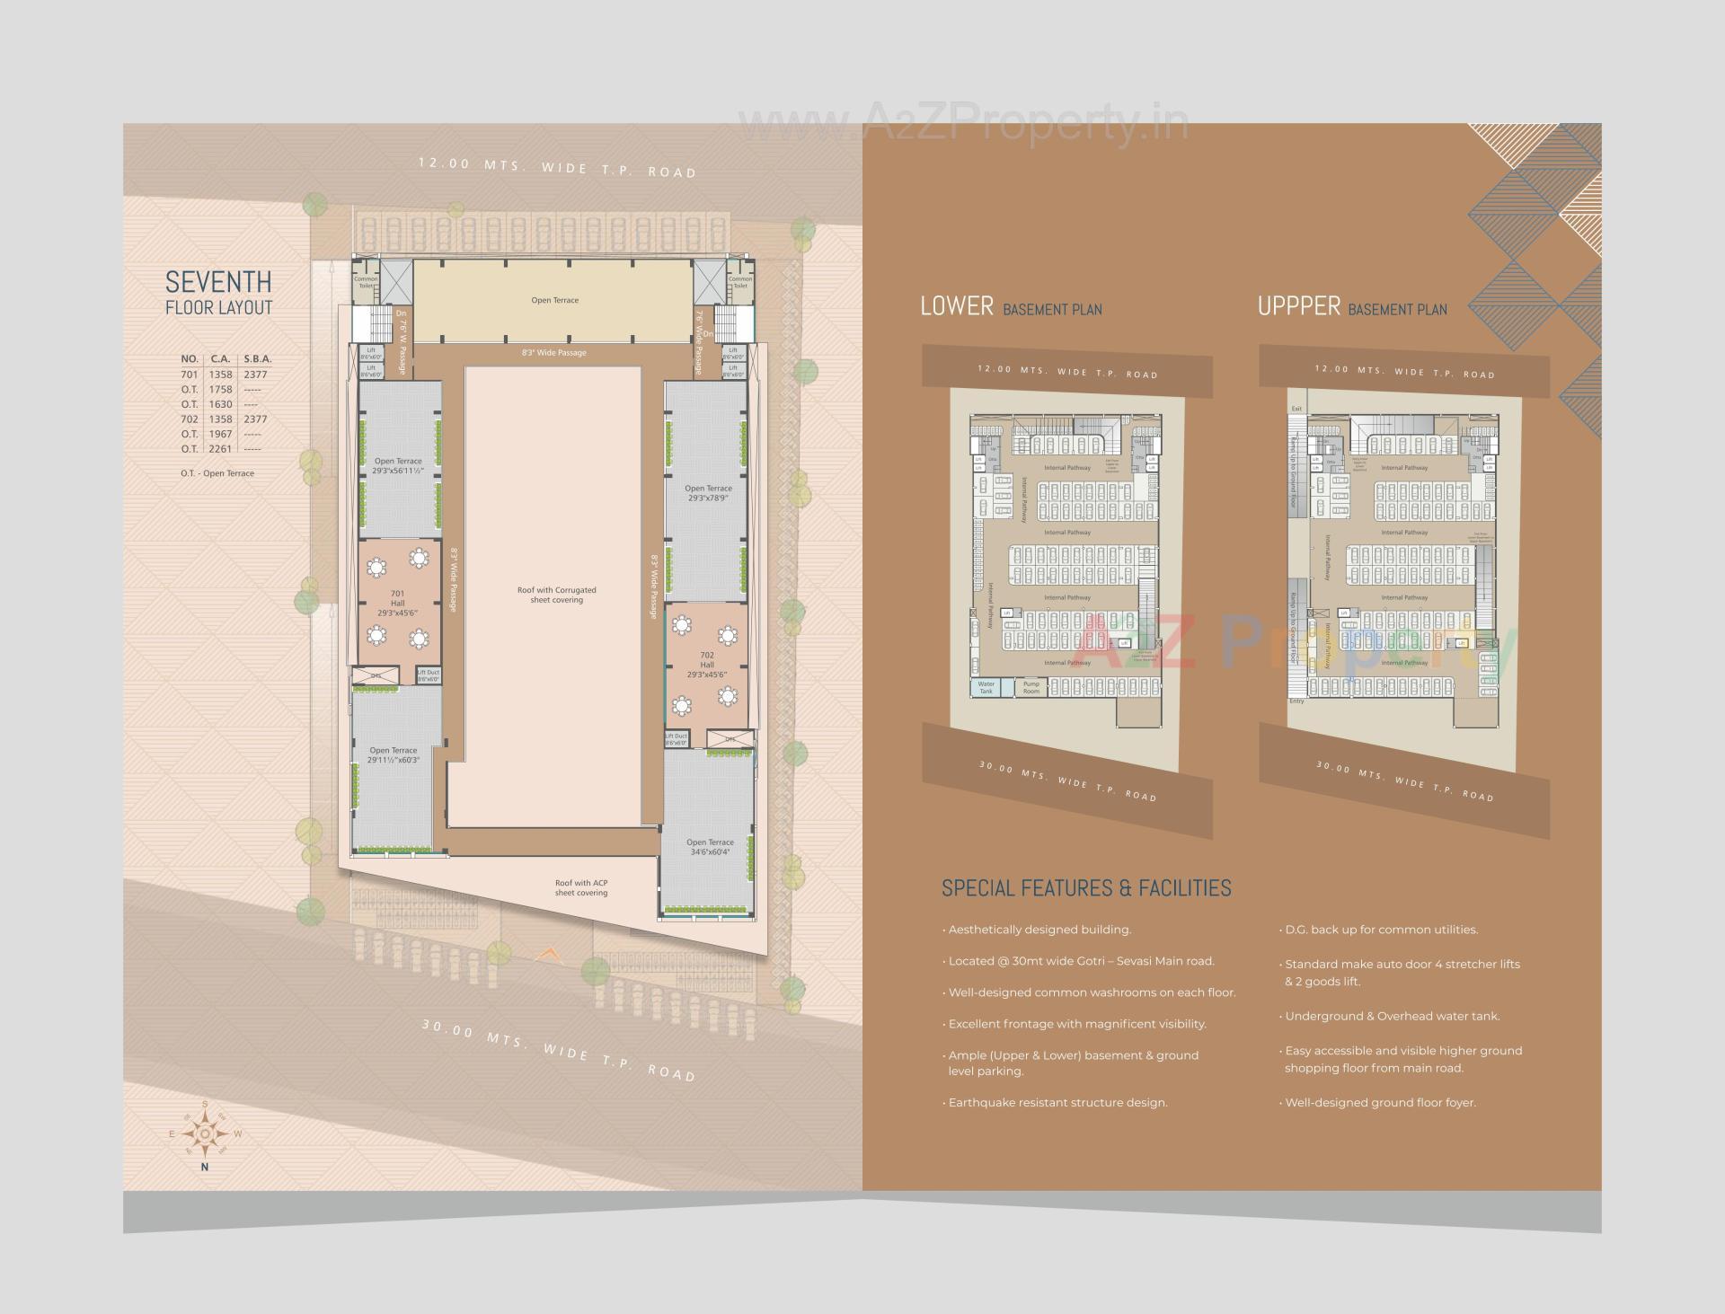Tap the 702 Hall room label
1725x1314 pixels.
pos(707,665)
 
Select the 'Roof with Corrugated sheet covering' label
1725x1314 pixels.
pos(556,595)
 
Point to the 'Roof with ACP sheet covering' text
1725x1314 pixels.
pos(581,887)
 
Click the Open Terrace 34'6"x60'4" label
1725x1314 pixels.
pos(710,847)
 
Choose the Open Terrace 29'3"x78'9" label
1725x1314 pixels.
pos(708,493)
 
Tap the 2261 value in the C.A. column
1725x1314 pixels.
pos(220,449)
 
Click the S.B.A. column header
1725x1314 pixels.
pos(257,359)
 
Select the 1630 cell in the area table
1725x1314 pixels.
pos(220,404)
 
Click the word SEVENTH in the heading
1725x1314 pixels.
pos(218,282)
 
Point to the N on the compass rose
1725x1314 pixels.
pos(205,1167)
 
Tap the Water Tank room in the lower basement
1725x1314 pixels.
pos(986,687)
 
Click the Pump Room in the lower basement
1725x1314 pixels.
pos(1031,687)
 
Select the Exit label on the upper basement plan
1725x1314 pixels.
pos(1296,409)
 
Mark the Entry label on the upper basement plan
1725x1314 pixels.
pos(1296,701)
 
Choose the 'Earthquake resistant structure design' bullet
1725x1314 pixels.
pos(1057,1102)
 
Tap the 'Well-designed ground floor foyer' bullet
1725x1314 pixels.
pos(1380,1102)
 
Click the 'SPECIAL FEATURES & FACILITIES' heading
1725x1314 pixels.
pos(1086,888)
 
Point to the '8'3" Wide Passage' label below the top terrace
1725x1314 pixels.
pos(554,353)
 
